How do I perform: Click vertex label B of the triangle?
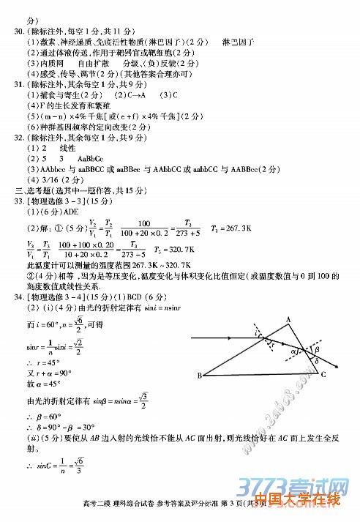pyautogui.click(x=198, y=376)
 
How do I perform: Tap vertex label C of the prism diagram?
pyautogui.click(x=323, y=374)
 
